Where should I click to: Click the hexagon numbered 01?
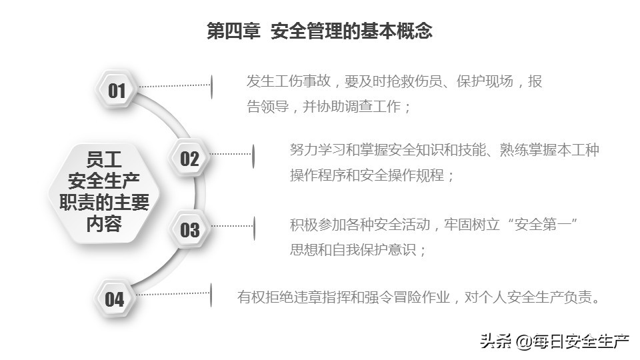click(x=117, y=90)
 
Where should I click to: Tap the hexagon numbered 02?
click(x=189, y=159)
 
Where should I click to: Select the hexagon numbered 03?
click(x=189, y=230)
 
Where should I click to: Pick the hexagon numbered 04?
click(x=115, y=299)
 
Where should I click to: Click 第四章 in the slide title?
click(x=233, y=31)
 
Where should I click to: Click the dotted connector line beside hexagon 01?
click(x=175, y=86)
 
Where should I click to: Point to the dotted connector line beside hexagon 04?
click(x=172, y=294)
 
